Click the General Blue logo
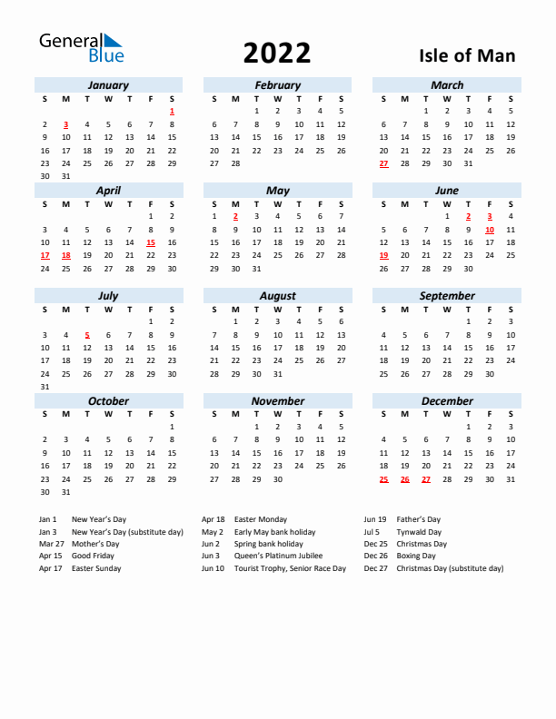click(x=80, y=48)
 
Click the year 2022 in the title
click(x=277, y=54)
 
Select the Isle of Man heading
click(x=467, y=55)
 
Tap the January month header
click(x=108, y=85)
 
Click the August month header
click(x=277, y=296)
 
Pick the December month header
click(x=447, y=401)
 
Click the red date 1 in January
click(x=172, y=111)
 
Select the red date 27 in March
click(x=383, y=163)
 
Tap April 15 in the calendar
click(x=151, y=242)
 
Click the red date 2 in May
click(x=235, y=216)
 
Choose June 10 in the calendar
click(x=490, y=230)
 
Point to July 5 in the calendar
click(x=87, y=335)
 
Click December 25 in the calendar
click(x=383, y=479)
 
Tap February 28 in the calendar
click(x=235, y=163)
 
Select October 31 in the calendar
click(x=65, y=492)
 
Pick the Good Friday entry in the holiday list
click(x=93, y=556)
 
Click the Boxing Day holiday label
click(x=415, y=556)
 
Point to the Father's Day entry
click(x=418, y=519)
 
